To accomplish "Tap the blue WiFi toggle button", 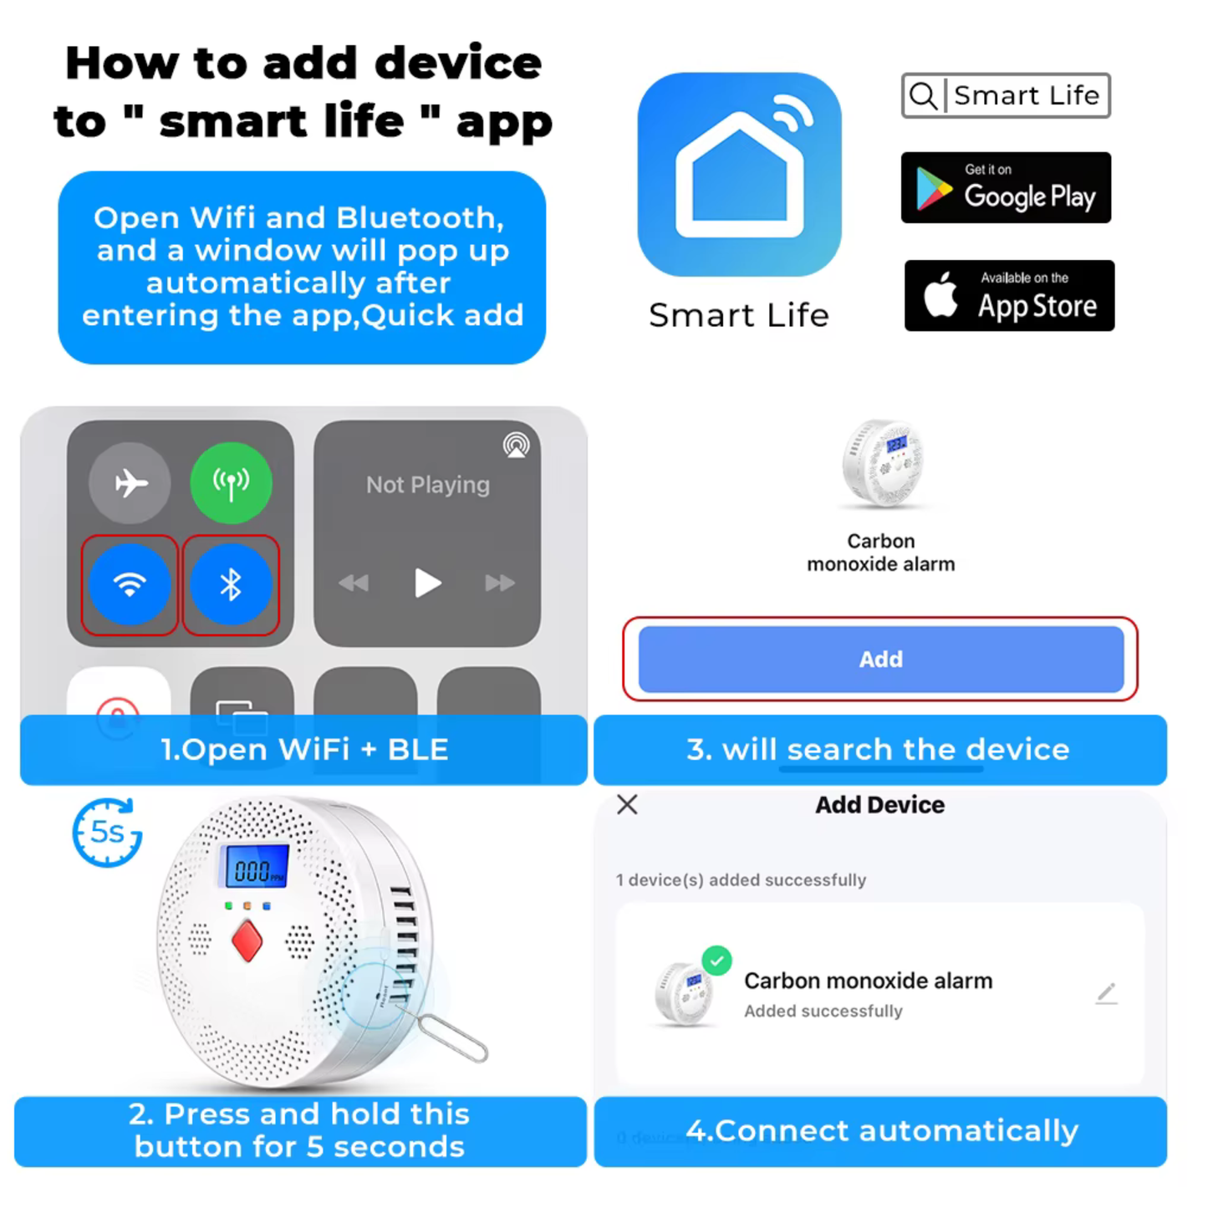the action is pos(130,584).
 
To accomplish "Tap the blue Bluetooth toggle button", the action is pos(231,584).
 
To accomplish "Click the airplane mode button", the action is pos(130,482).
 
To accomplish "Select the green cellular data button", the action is pos(231,482).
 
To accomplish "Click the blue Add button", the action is pos(881,659).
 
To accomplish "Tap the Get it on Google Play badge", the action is pos(1006,187).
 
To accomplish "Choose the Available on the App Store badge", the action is pos(1009,295).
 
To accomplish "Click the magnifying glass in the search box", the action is pos(924,96).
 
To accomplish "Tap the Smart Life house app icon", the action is pos(739,174).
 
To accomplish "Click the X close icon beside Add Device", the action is pos(627,804).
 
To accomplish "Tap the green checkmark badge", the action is pos(716,961).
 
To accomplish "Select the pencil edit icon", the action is pos(1107,993).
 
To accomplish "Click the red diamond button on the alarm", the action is pos(247,940).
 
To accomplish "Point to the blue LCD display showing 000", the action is pos(252,866).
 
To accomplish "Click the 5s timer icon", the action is pos(107,833).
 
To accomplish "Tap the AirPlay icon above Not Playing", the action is pos(516,445).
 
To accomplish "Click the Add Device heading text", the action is pos(879,804).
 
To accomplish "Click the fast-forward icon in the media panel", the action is pos(500,583).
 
